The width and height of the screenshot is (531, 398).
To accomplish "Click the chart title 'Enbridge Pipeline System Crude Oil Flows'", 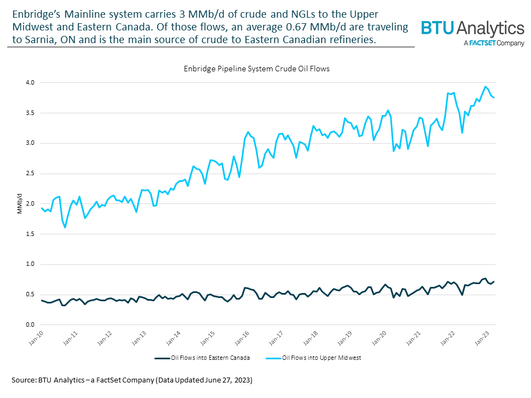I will [x=256, y=69].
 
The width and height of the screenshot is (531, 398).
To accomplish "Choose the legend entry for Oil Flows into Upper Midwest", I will [x=320, y=358].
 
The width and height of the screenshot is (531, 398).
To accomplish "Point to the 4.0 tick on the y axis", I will [x=29, y=83].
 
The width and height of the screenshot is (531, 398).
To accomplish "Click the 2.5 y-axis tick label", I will [x=29, y=174].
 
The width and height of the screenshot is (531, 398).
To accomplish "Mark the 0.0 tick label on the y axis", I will [x=29, y=324].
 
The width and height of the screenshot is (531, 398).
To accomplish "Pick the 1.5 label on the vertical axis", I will [x=29, y=234].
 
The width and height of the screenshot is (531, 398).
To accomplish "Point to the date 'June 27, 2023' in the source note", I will [x=225, y=381].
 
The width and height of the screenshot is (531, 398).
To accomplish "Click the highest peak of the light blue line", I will [x=485, y=86].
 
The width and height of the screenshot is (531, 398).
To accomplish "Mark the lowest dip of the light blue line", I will [x=65, y=227].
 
